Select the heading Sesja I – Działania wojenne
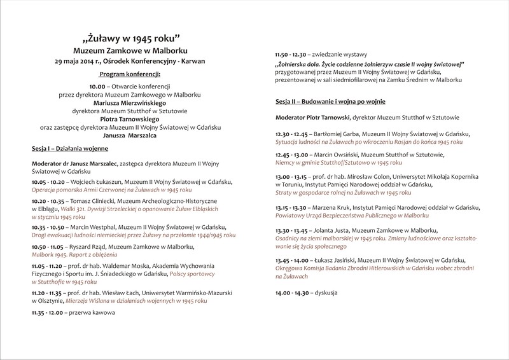pos(69,149)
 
